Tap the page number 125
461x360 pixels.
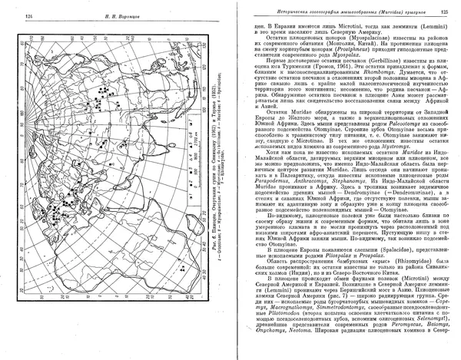(445, 12)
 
